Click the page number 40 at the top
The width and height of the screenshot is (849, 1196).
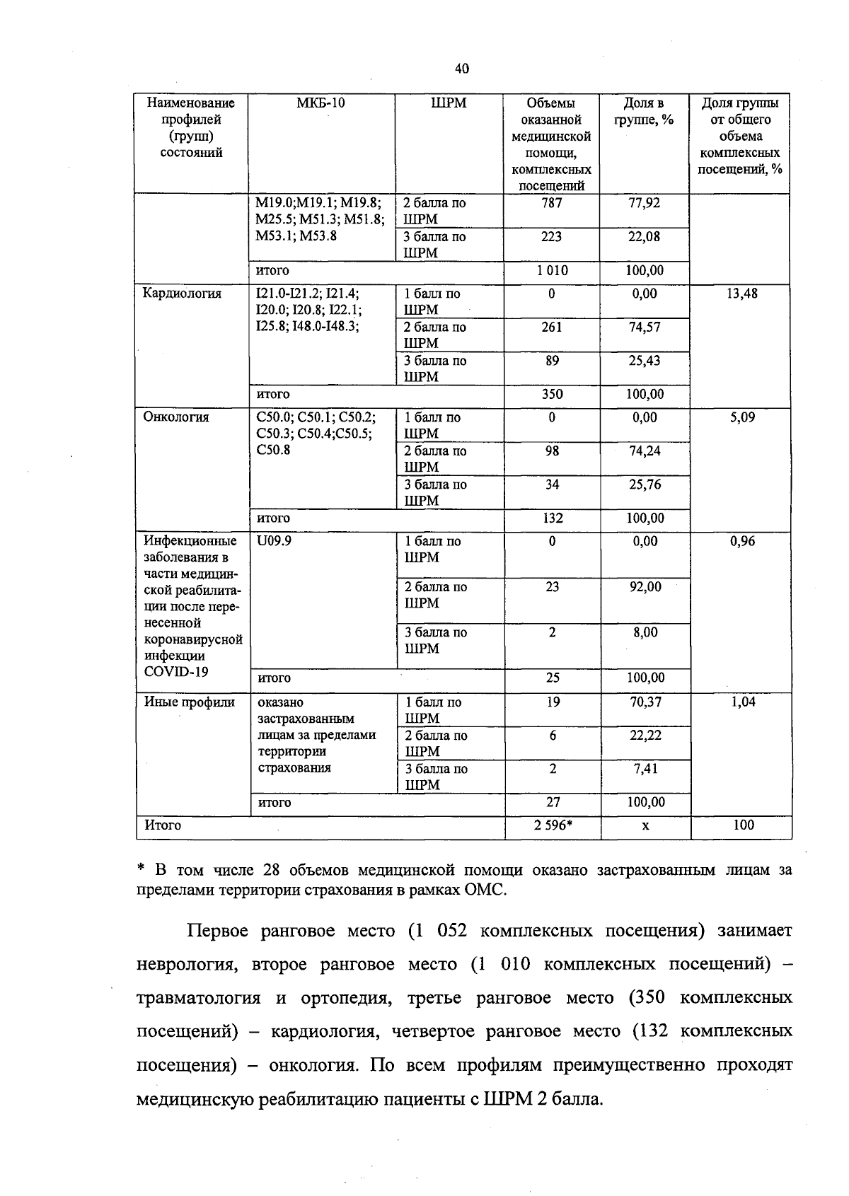[461, 69]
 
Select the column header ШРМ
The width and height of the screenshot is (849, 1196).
[449, 103]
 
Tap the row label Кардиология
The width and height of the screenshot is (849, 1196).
[182, 294]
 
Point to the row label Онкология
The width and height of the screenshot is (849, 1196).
[176, 417]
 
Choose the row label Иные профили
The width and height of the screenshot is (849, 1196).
[189, 702]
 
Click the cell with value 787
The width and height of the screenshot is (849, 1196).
[551, 203]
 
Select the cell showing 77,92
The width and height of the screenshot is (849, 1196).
[644, 203]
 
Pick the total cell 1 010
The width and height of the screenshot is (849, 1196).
[551, 271]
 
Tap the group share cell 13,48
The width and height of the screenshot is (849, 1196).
[741, 294]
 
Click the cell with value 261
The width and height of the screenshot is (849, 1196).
[552, 327]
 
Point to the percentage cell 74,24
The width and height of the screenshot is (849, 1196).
[645, 451]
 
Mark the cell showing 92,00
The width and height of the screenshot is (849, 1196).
[645, 587]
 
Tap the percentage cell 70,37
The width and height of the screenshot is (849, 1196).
[645, 702]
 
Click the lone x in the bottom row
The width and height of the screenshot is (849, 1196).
[645, 825]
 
